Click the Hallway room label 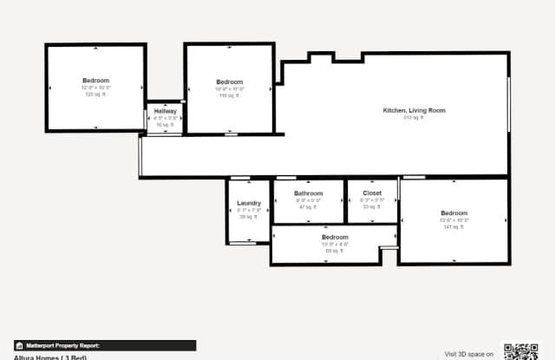click(166, 111)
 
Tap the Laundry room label click(249, 204)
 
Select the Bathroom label click(308, 193)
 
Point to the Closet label click(372, 193)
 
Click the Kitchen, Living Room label click(415, 110)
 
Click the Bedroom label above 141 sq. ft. click(454, 213)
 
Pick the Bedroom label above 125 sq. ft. click(96, 81)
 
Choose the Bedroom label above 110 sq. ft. click(230, 82)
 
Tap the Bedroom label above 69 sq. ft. click(335, 237)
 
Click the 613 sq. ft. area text click(414, 118)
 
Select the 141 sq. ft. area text click(454, 227)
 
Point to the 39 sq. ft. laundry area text click(249, 217)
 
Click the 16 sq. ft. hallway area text click(166, 125)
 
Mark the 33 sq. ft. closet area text click(372, 206)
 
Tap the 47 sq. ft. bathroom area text click(308, 206)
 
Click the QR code click(521, 351)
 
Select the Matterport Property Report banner click(104, 345)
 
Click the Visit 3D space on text click(468, 354)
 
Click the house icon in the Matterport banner click(19, 345)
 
